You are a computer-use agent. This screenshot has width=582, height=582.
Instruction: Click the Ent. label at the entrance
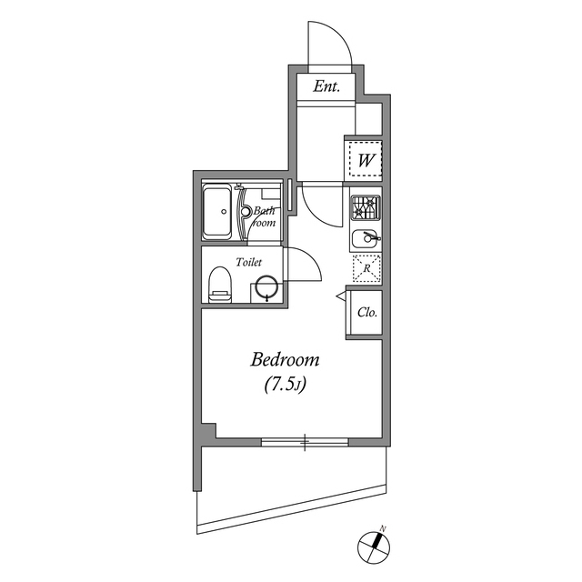point(326,87)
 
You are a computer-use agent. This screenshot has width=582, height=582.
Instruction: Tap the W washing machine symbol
point(366,161)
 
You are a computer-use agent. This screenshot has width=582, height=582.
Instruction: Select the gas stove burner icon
point(366,209)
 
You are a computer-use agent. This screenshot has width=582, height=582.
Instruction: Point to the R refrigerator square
point(366,268)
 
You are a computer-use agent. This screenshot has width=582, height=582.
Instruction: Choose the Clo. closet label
point(366,312)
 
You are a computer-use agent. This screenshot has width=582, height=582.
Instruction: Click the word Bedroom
point(286,361)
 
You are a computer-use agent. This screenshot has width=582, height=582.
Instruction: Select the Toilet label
point(249,262)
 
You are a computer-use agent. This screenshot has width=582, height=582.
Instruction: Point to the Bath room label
point(264,216)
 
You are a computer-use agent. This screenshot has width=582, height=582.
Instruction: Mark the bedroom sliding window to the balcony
point(305,443)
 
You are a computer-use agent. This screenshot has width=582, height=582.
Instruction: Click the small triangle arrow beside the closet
point(340,296)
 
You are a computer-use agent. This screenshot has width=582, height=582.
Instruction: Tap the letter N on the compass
point(384,527)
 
